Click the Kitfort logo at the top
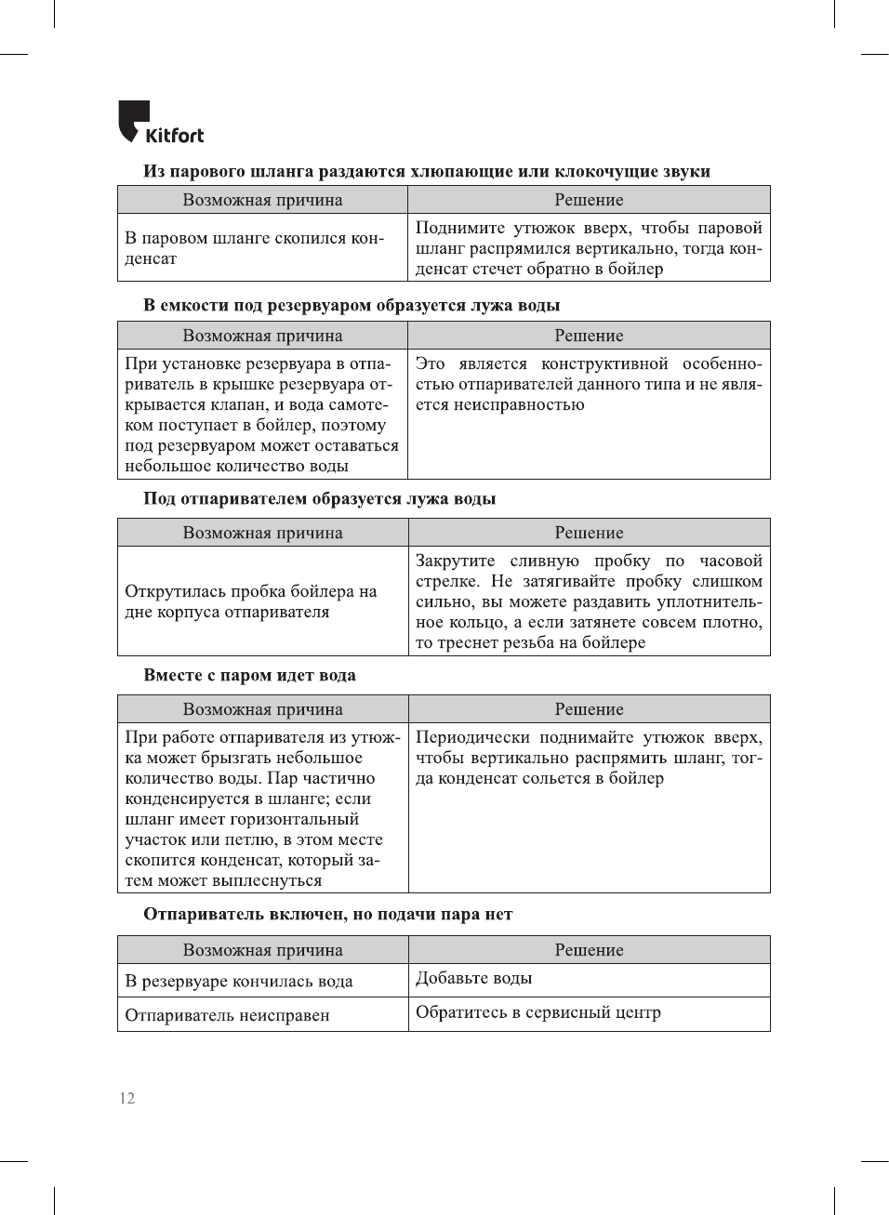pyautogui.click(x=161, y=123)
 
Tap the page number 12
pyautogui.click(x=126, y=1098)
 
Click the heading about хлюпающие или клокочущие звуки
pyautogui.click(x=426, y=171)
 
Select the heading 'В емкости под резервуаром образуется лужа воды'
pyautogui.click(x=352, y=305)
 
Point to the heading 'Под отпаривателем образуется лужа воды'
pyautogui.click(x=319, y=498)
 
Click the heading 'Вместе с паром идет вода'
pyautogui.click(x=249, y=675)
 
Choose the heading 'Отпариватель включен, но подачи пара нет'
pyautogui.click(x=327, y=914)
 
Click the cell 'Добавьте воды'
pyautogui.click(x=473, y=978)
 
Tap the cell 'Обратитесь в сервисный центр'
pyautogui.click(x=537, y=1012)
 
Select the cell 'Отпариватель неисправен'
pyautogui.click(x=227, y=1015)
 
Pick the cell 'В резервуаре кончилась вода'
pyautogui.click(x=239, y=981)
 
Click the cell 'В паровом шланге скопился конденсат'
pyautogui.click(x=254, y=248)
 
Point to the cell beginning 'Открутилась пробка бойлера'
pyautogui.click(x=251, y=601)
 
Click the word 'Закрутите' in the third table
pyautogui.click(x=455, y=561)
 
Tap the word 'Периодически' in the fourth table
pyautogui.click(x=471, y=737)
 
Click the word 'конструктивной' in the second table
pyautogui.click(x=604, y=363)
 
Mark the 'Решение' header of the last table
pyautogui.click(x=589, y=950)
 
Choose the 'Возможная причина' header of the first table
pyautogui.click(x=262, y=200)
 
